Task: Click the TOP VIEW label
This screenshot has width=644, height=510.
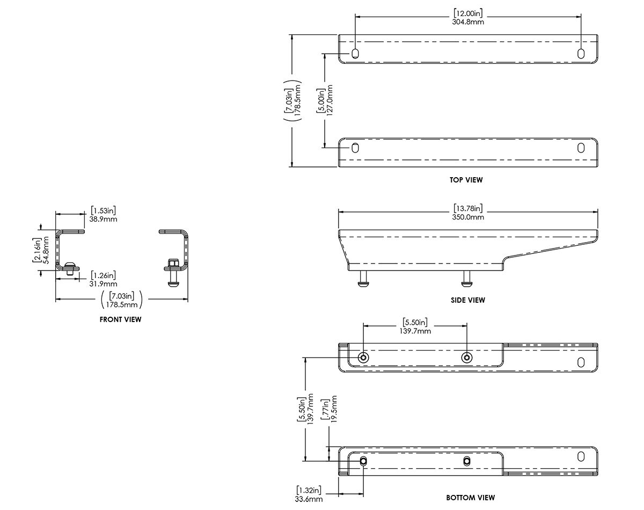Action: point(466,180)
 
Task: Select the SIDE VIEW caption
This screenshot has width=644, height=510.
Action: point(467,300)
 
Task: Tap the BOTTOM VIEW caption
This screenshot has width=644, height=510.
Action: point(470,498)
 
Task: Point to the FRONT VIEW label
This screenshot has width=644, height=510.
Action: point(120,319)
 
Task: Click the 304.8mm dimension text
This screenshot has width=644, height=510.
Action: point(469,23)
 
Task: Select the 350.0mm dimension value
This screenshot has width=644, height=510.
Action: point(469,217)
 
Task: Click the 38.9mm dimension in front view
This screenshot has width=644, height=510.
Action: point(104,219)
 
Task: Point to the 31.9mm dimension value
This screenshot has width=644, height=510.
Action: point(104,283)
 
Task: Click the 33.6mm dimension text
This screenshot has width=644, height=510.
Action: point(309,499)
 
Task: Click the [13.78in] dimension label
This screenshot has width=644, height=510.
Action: point(469,208)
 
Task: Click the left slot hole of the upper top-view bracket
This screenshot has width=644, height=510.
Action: point(355,53)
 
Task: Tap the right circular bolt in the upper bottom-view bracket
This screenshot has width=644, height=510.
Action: point(467,358)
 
